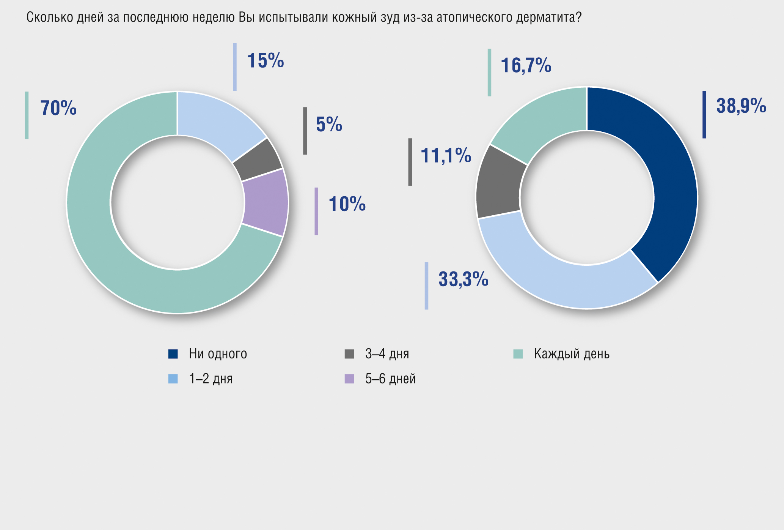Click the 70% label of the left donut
click(x=58, y=108)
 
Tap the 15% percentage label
click(x=265, y=61)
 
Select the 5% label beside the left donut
click(x=329, y=125)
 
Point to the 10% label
click(x=347, y=204)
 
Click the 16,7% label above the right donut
click(x=526, y=65)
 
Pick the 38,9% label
click(x=741, y=106)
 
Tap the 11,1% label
click(x=446, y=156)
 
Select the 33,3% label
click(x=463, y=279)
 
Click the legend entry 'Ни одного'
click(x=218, y=354)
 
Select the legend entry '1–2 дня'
click(x=211, y=379)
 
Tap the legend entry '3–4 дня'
click(x=387, y=354)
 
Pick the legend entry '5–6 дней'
click(x=390, y=379)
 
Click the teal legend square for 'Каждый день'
click(x=518, y=354)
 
